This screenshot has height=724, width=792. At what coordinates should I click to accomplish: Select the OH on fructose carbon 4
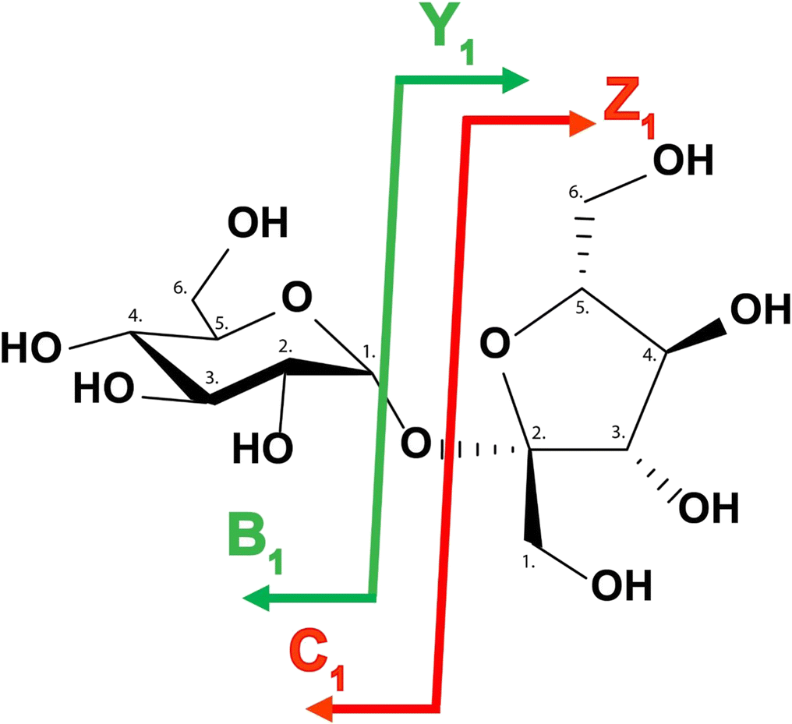point(757,311)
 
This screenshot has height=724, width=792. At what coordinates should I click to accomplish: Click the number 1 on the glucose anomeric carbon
point(369,352)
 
